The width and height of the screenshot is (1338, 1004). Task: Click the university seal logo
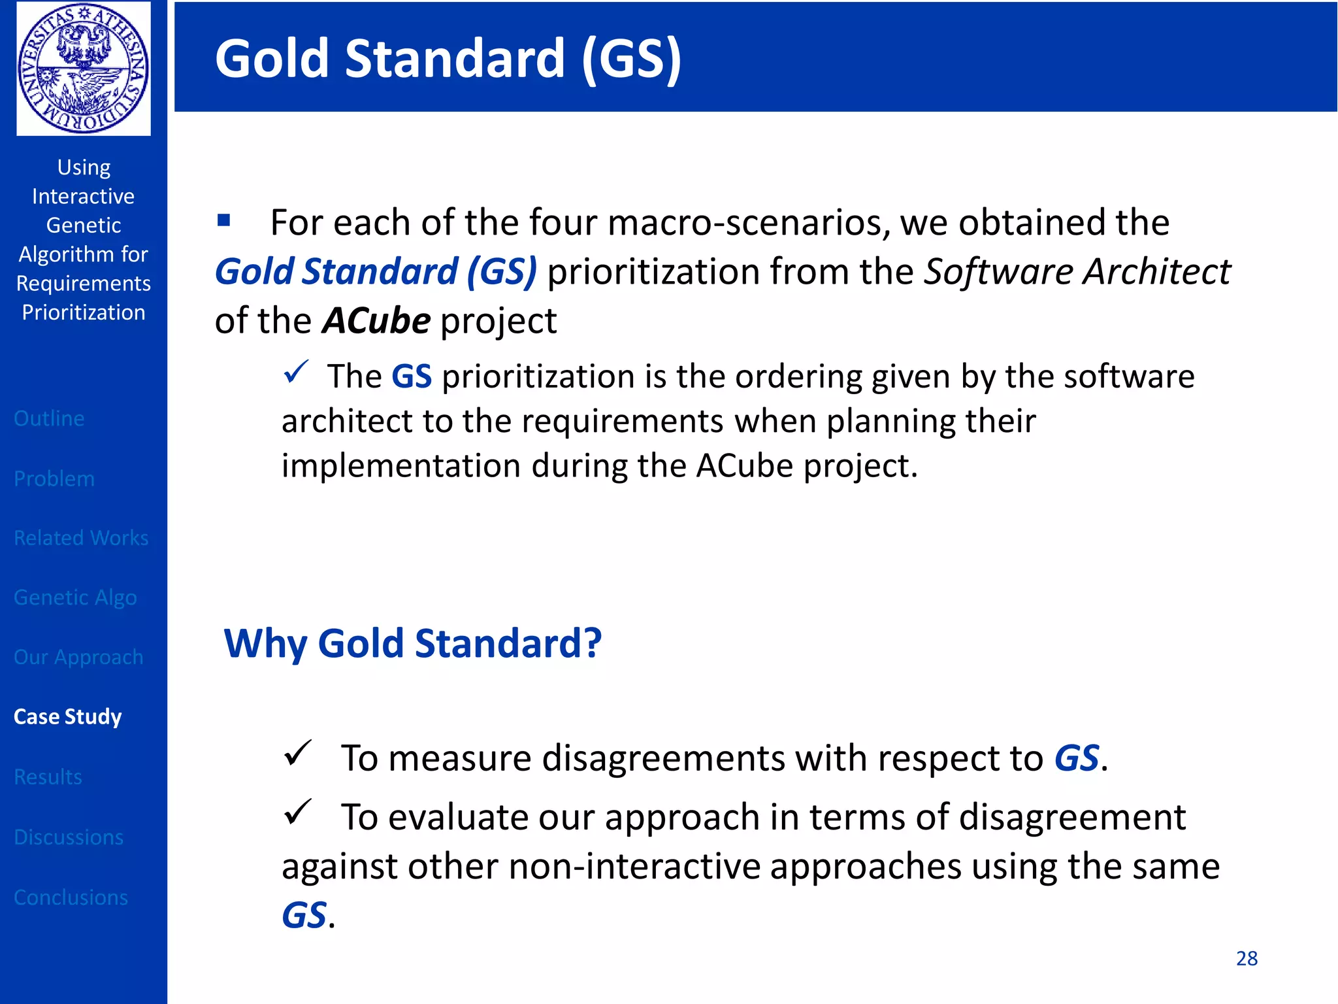[x=84, y=68]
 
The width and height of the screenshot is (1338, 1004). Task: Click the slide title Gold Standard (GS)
[x=448, y=59]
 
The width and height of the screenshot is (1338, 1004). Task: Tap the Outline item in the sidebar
[x=49, y=418]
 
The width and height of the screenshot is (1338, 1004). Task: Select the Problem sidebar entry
[x=54, y=478]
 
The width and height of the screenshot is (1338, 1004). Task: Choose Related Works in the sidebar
[x=81, y=538]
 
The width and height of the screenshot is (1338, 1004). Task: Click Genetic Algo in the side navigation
[x=75, y=597]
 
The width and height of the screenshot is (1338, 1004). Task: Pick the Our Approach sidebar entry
[x=78, y=657]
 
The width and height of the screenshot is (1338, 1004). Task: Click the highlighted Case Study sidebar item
[x=68, y=716]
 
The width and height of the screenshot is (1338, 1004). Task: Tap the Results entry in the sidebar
[x=48, y=777]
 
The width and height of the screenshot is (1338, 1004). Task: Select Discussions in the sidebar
[x=69, y=837]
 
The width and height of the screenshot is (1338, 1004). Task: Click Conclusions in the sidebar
[x=71, y=897]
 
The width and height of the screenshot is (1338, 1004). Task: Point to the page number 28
[x=1247, y=958]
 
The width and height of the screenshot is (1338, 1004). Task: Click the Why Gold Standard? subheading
[x=412, y=643]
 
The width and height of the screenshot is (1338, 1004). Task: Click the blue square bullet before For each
[x=224, y=220]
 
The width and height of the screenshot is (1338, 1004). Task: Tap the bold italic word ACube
[x=376, y=321]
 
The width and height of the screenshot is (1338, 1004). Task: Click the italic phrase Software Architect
[x=1077, y=271]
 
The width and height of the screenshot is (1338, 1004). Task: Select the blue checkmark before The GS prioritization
[x=295, y=373]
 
